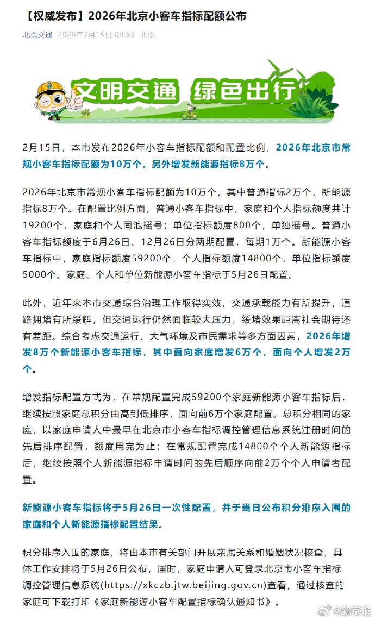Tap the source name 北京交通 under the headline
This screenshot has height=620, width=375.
tap(37, 35)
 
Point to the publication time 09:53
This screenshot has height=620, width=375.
tap(124, 35)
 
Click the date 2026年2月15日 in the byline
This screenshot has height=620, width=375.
tap(84, 35)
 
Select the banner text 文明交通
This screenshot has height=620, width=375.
tap(126, 92)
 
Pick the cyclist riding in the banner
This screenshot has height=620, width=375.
tap(189, 113)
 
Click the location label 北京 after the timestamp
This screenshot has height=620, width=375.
tap(147, 35)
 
